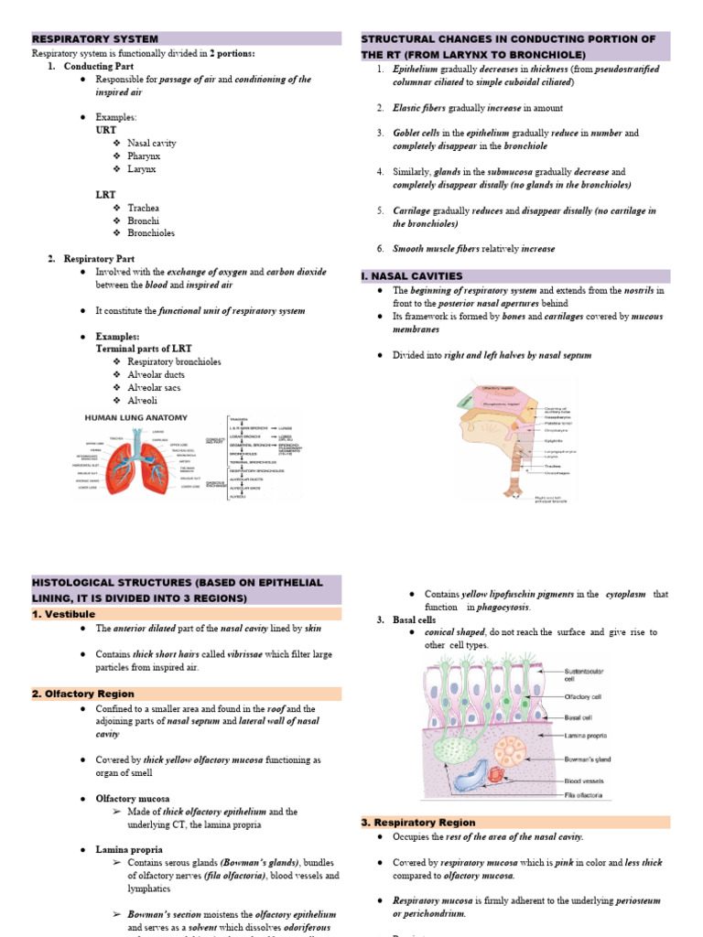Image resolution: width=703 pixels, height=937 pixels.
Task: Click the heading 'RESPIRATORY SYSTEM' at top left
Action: pos(95,39)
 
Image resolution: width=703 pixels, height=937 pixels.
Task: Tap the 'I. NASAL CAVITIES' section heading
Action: pos(412,276)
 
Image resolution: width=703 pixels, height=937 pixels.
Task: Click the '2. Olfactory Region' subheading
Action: pos(83,695)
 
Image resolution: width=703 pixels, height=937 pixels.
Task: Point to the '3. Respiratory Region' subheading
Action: pos(422,823)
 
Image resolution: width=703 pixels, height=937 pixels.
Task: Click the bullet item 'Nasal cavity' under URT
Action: pos(152,144)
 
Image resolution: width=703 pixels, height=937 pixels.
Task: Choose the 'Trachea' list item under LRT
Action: pos(144,208)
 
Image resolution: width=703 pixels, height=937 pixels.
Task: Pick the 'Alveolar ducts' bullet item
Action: pos(156,375)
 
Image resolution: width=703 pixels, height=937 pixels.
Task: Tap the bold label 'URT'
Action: pos(106,131)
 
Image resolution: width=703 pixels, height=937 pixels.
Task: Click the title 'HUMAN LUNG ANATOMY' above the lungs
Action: pos(135,418)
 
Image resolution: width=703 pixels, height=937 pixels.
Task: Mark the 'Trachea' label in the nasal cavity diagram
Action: pos(553,465)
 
